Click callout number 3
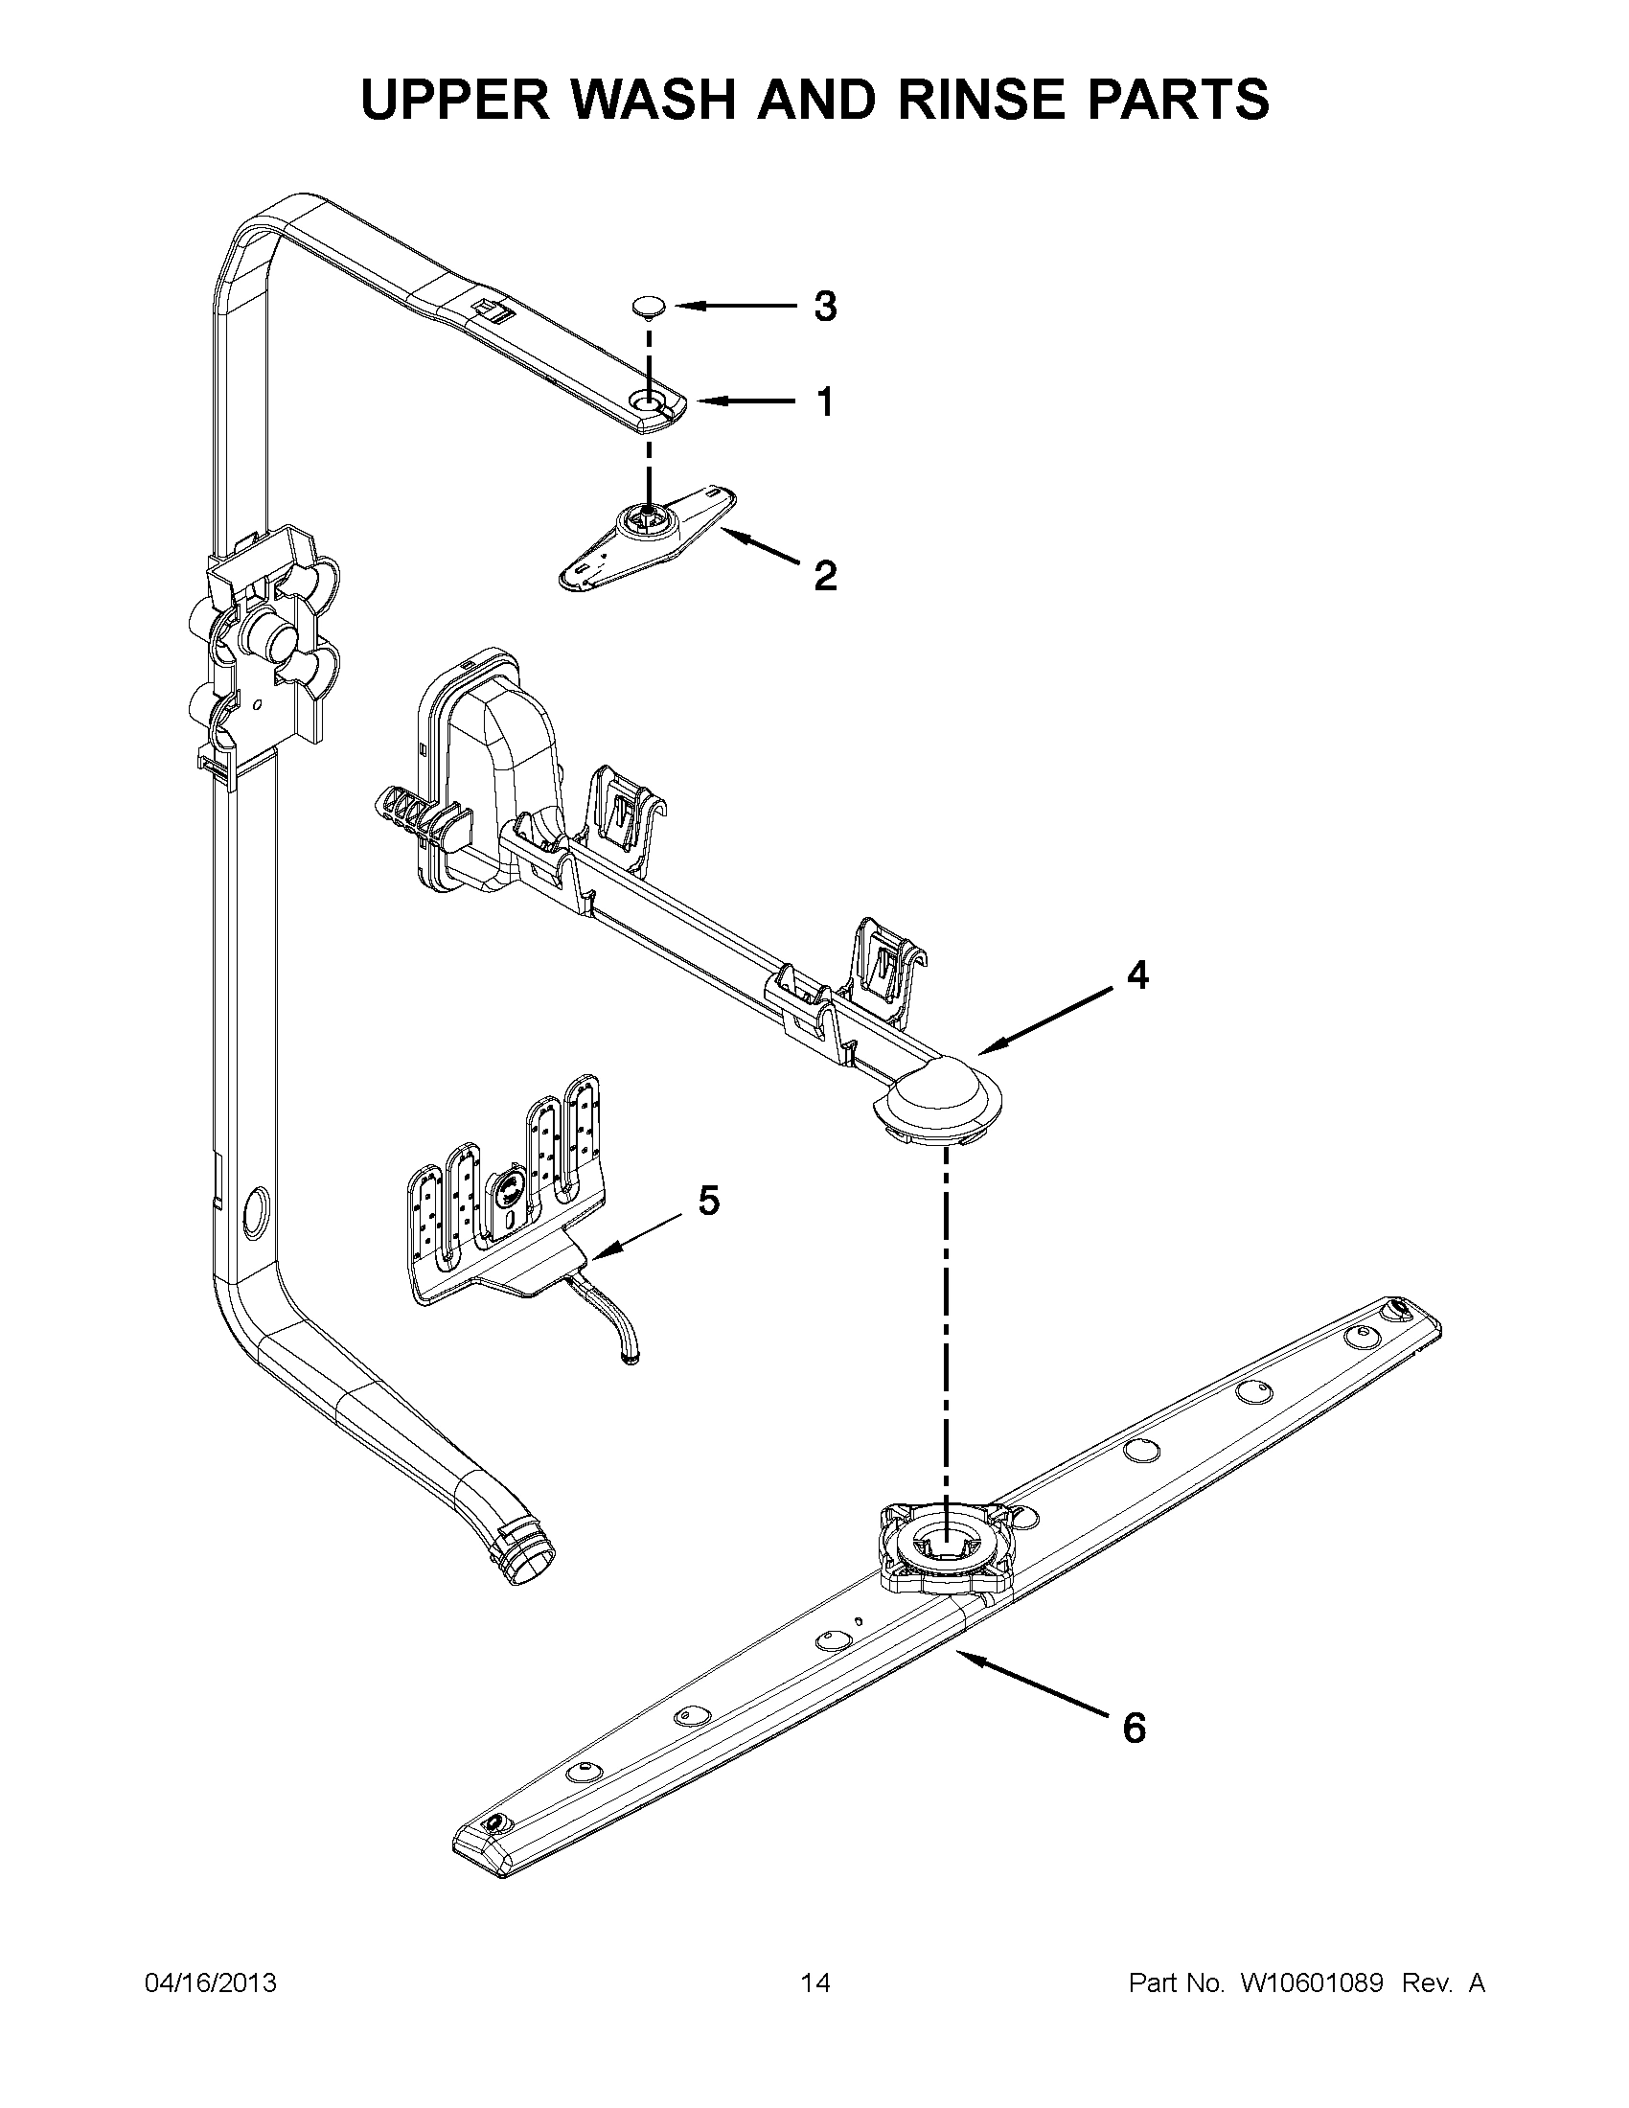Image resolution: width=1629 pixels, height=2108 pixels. pyautogui.click(x=824, y=307)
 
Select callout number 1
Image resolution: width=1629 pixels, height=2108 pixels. pyautogui.click(x=824, y=401)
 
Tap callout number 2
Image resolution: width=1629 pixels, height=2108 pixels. pyautogui.click(x=824, y=576)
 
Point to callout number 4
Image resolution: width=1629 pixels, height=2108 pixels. pyautogui.click(x=1137, y=975)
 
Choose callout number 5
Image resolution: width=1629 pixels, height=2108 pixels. pyautogui.click(x=707, y=1201)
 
